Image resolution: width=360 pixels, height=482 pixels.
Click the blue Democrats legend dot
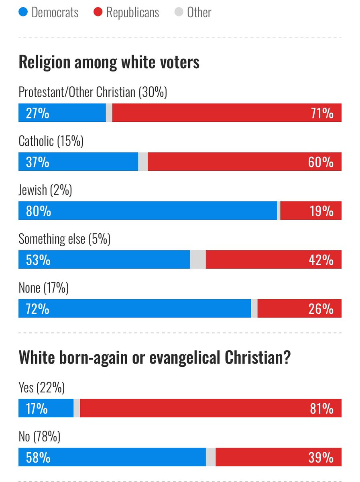pos(23,12)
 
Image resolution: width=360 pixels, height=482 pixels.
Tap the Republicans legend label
pos(132,12)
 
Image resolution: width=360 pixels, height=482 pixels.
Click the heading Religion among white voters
pos(109,63)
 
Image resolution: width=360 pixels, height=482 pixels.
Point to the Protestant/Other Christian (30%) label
pos(93,92)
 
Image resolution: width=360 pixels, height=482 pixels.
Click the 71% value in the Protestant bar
pos(322,113)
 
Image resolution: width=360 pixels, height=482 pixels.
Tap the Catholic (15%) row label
pos(51,141)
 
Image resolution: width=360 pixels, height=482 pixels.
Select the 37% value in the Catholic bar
pos(37,162)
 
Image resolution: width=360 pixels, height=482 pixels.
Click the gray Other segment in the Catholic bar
pos(143,161)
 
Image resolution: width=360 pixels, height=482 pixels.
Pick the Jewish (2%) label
pos(45,190)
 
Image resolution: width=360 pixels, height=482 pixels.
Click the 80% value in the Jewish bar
pos(38,211)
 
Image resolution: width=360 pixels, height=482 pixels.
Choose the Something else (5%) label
pos(64,239)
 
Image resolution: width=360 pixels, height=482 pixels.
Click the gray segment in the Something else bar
pos(197,259)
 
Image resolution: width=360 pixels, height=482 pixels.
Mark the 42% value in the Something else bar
pos(322,260)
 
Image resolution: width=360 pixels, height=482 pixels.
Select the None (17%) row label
pos(44,288)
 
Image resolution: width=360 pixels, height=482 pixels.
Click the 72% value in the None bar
pos(37,309)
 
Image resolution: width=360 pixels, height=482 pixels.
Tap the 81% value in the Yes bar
pos(322,408)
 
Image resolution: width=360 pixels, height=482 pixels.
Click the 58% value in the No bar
pos(38,457)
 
